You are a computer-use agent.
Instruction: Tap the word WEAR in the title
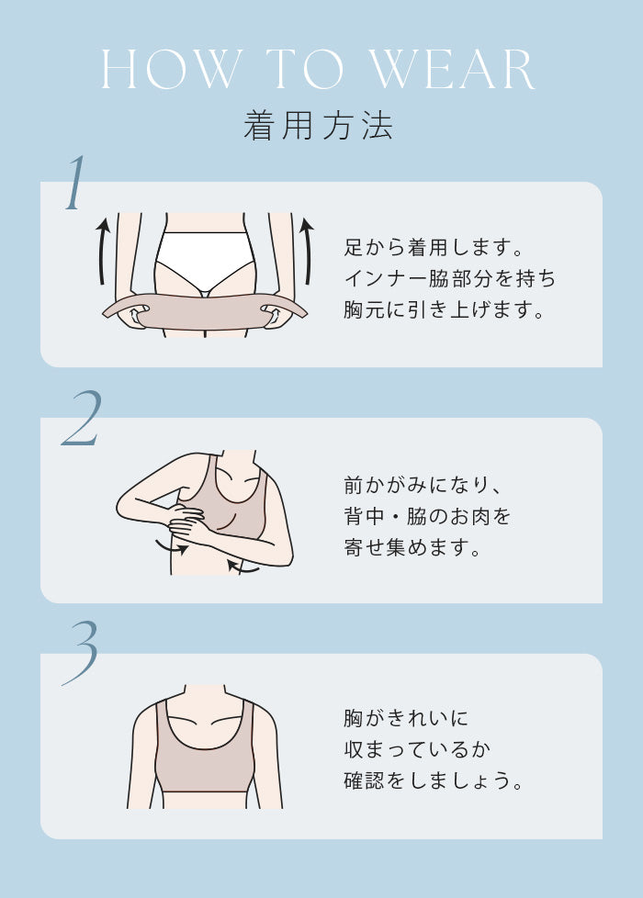(452, 69)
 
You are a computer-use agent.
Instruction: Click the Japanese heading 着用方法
(319, 126)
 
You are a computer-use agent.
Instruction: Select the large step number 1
(75, 183)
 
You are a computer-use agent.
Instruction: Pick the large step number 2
(82, 418)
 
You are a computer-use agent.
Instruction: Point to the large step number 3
(81, 654)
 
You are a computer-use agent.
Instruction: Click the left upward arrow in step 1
(102, 251)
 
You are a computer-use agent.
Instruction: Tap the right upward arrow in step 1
(308, 251)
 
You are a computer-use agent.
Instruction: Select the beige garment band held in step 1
(205, 311)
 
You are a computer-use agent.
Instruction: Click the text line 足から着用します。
(434, 247)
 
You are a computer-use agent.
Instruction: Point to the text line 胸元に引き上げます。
(445, 309)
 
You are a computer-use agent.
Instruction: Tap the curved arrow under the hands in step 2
(172, 549)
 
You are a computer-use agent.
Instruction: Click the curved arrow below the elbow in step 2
(243, 567)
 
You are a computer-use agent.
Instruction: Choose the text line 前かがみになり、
(423, 486)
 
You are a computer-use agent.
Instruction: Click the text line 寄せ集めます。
(412, 547)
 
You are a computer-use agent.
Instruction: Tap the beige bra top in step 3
(205, 755)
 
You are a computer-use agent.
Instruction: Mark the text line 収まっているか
(418, 749)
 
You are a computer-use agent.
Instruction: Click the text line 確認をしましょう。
(434, 780)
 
